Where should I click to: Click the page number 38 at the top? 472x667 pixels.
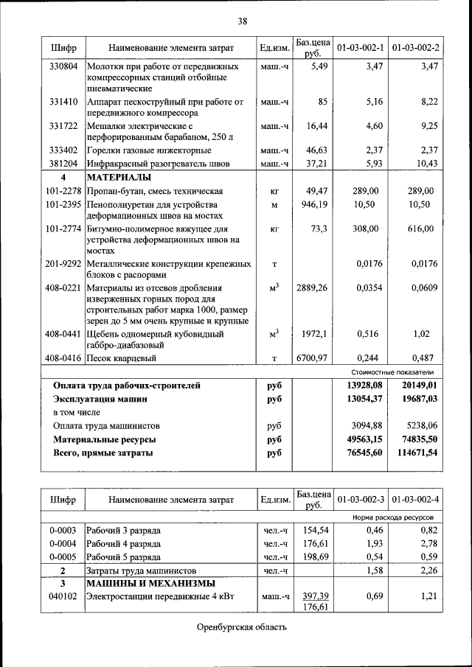pos(242,21)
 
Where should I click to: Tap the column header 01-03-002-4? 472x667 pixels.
pos(415,499)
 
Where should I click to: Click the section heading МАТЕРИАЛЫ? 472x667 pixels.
pos(119,178)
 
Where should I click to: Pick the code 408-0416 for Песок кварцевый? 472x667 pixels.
pos(63,358)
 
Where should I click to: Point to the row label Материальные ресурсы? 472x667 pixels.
pos(103,439)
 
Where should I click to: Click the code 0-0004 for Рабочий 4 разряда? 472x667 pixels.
pos(63,544)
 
